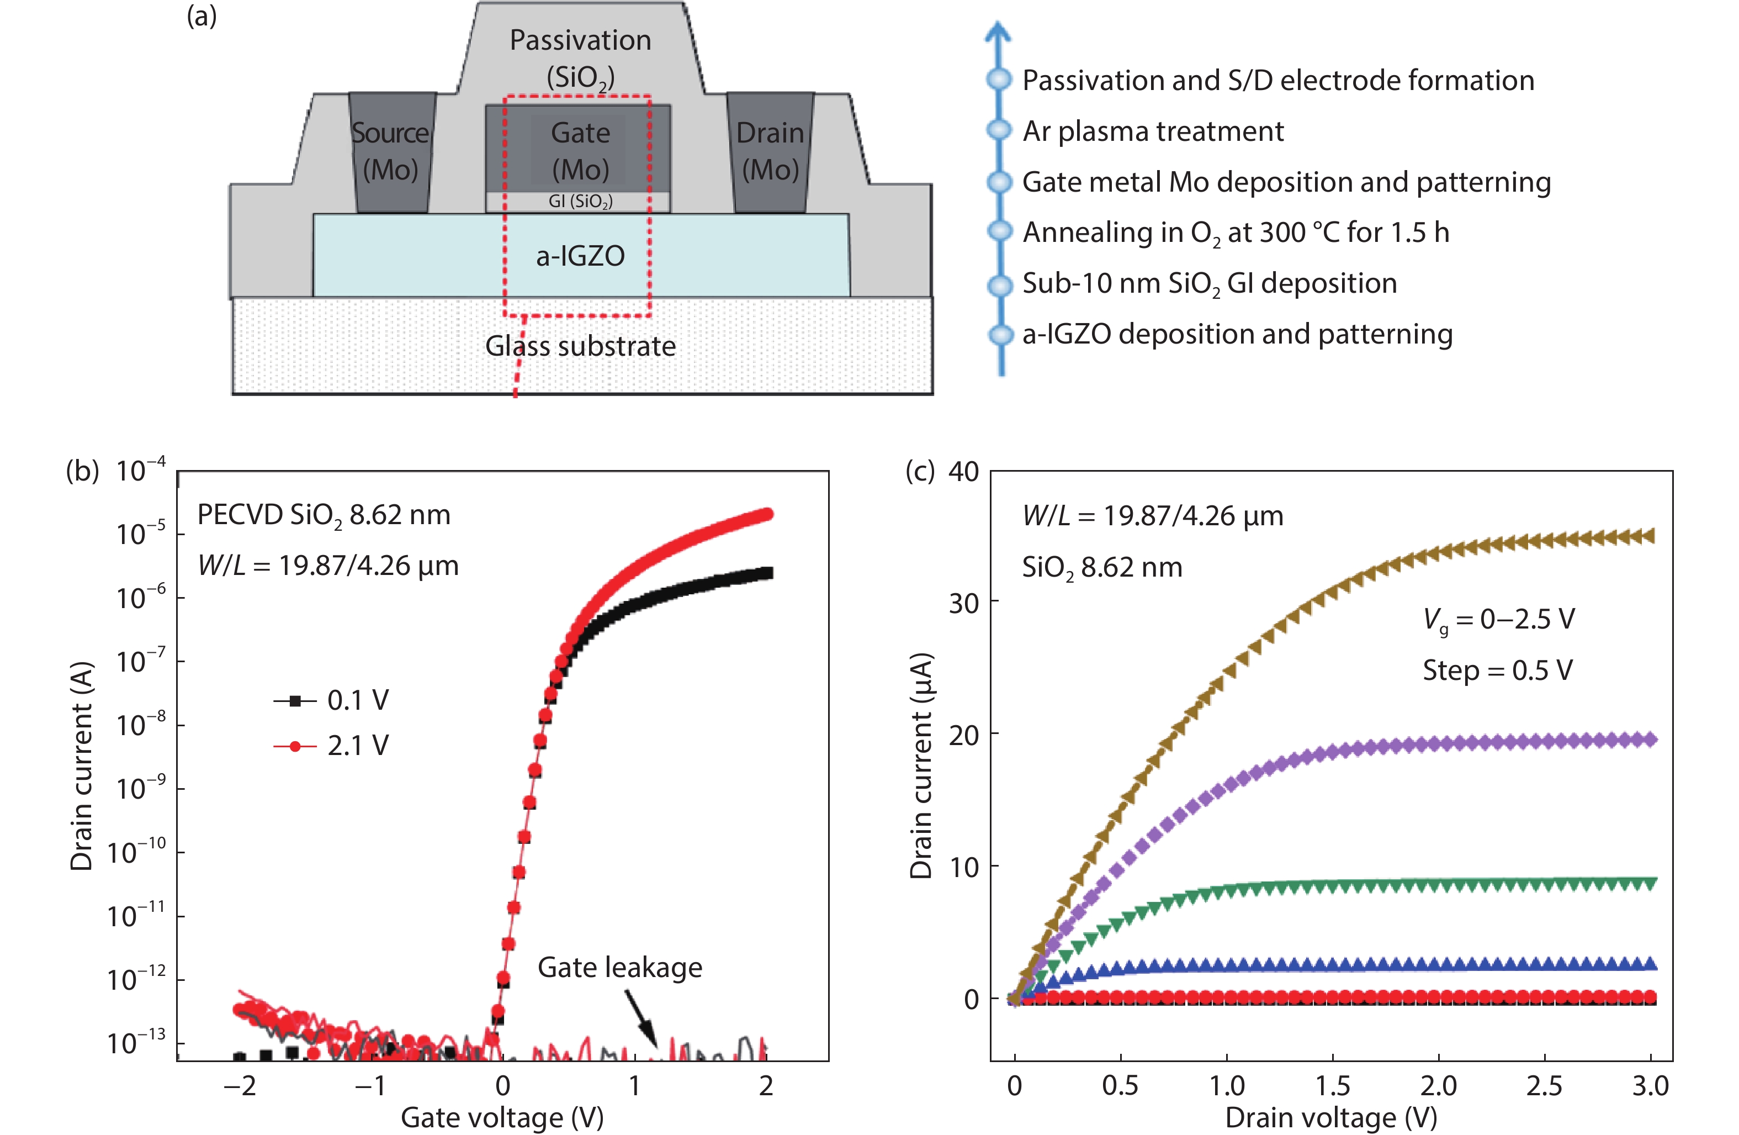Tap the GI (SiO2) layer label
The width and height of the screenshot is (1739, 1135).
580,202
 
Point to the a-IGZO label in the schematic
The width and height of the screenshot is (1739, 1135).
580,256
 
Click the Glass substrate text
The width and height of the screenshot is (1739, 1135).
580,346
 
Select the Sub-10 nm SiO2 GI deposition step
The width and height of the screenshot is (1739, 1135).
1209,283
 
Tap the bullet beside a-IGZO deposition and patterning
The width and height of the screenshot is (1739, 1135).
1000,335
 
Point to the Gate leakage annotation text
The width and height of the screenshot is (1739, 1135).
619,967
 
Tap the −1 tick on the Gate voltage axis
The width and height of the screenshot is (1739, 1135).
370,1086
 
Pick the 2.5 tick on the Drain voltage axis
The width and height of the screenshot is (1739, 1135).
1544,1086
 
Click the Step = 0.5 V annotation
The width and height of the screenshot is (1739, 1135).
1497,670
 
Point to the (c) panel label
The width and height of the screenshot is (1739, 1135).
919,471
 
